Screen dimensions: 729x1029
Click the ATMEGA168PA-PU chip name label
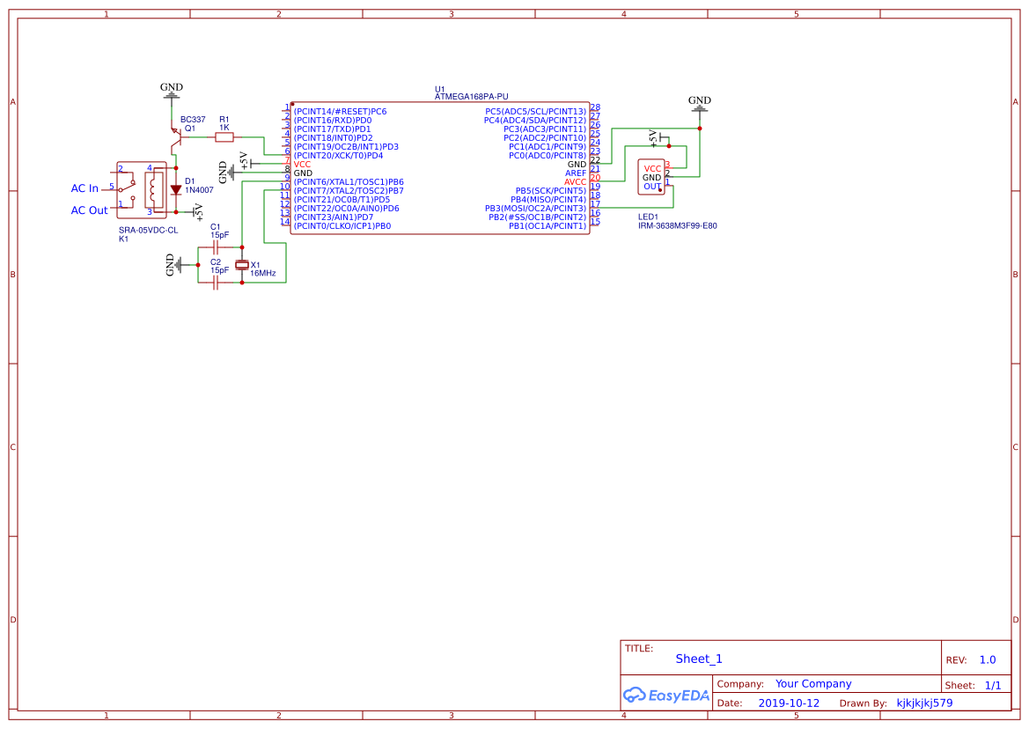pos(471,97)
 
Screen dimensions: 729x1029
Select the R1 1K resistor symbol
pos(224,136)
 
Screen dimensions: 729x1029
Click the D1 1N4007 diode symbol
pos(176,189)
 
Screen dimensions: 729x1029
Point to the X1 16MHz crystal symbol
pos(243,265)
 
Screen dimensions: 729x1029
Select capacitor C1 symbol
pos(216,247)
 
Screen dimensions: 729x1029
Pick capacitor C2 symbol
pos(216,283)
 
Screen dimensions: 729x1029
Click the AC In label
pos(85,188)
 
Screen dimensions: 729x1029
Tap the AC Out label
pos(89,210)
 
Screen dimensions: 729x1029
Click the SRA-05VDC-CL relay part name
pos(148,230)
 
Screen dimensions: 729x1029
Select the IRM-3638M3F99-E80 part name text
pos(677,225)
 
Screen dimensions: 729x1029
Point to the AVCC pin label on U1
pos(575,182)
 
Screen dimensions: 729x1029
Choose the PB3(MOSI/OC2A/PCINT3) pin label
pos(535,209)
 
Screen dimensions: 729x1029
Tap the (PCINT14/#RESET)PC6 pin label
pos(340,112)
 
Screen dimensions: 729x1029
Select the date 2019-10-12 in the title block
pos(788,703)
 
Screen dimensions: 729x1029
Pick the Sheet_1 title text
pos(699,659)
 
